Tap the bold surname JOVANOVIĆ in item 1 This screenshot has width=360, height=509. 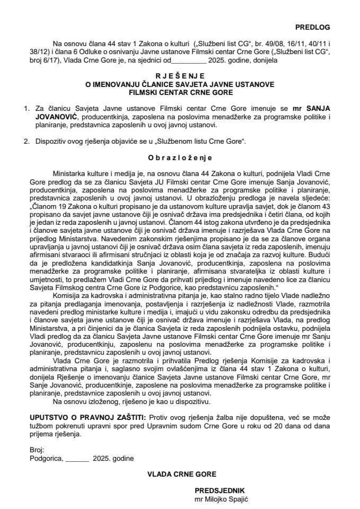pyautogui.click(x=55, y=117)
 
